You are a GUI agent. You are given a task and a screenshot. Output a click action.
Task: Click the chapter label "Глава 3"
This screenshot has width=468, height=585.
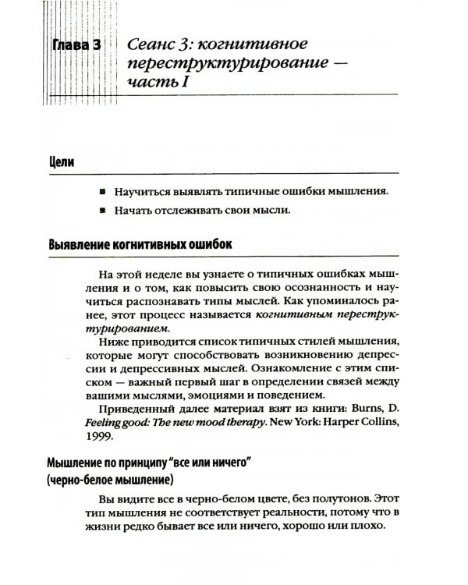tap(76, 44)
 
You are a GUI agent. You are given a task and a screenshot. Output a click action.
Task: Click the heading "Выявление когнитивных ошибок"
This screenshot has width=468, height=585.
tap(140, 244)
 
